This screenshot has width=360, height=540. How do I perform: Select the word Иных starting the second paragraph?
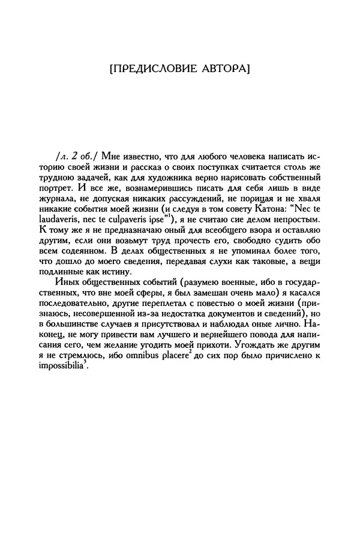click(x=64, y=288)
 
